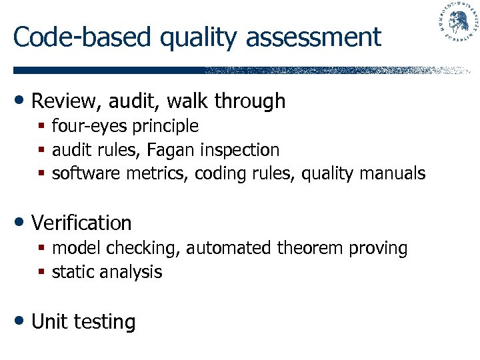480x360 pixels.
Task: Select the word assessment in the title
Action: pyautogui.click(x=313, y=38)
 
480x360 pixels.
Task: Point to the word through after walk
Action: pyautogui.click(x=251, y=101)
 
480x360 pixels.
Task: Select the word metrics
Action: pyautogui.click(x=164, y=174)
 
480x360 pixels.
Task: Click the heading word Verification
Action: pyautogui.click(x=81, y=223)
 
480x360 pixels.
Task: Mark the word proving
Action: pyautogui.click(x=377, y=249)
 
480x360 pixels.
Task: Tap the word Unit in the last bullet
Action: pyautogui.click(x=49, y=322)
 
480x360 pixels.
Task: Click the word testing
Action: pyautogui.click(x=105, y=323)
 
